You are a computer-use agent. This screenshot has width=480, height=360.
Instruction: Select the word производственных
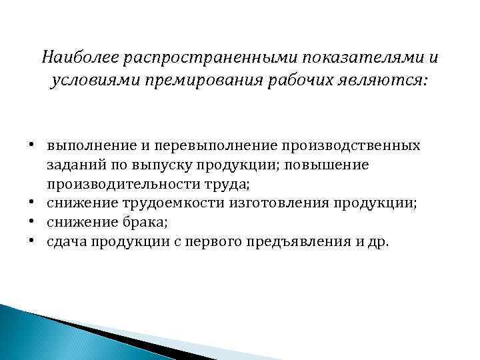(351, 145)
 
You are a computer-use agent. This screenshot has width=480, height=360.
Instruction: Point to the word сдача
(65, 241)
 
